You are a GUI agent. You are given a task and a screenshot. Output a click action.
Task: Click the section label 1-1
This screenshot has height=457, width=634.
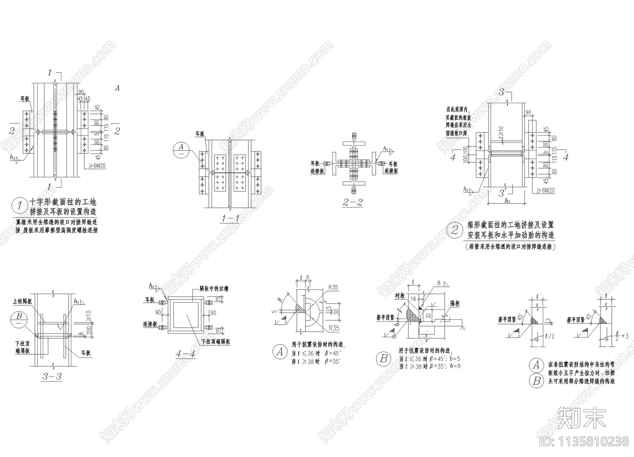pos(230,218)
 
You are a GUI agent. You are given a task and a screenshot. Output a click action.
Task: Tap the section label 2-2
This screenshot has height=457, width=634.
pos(353,202)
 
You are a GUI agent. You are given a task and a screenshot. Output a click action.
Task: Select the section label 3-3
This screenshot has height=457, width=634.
pos(52,376)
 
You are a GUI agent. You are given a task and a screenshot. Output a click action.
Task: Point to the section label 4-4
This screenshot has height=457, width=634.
pos(185,353)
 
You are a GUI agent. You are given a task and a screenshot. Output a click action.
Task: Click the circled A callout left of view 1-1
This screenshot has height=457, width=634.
pos(181,150)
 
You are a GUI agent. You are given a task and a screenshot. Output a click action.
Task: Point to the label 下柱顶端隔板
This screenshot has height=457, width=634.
pos(215,342)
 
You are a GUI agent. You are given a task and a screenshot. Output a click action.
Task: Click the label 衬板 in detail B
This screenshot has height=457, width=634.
pos(399,296)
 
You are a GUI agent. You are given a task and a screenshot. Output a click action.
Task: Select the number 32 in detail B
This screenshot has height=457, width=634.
pos(428,316)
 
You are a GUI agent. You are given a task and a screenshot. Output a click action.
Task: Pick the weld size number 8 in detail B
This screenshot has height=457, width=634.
pos(439,283)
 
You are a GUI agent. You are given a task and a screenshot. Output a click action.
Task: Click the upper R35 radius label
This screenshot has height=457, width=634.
pos(333,288)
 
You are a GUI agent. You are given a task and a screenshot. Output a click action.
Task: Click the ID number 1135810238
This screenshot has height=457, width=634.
pos(584,441)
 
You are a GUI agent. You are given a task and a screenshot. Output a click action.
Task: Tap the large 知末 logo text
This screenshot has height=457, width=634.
pos(582,417)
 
